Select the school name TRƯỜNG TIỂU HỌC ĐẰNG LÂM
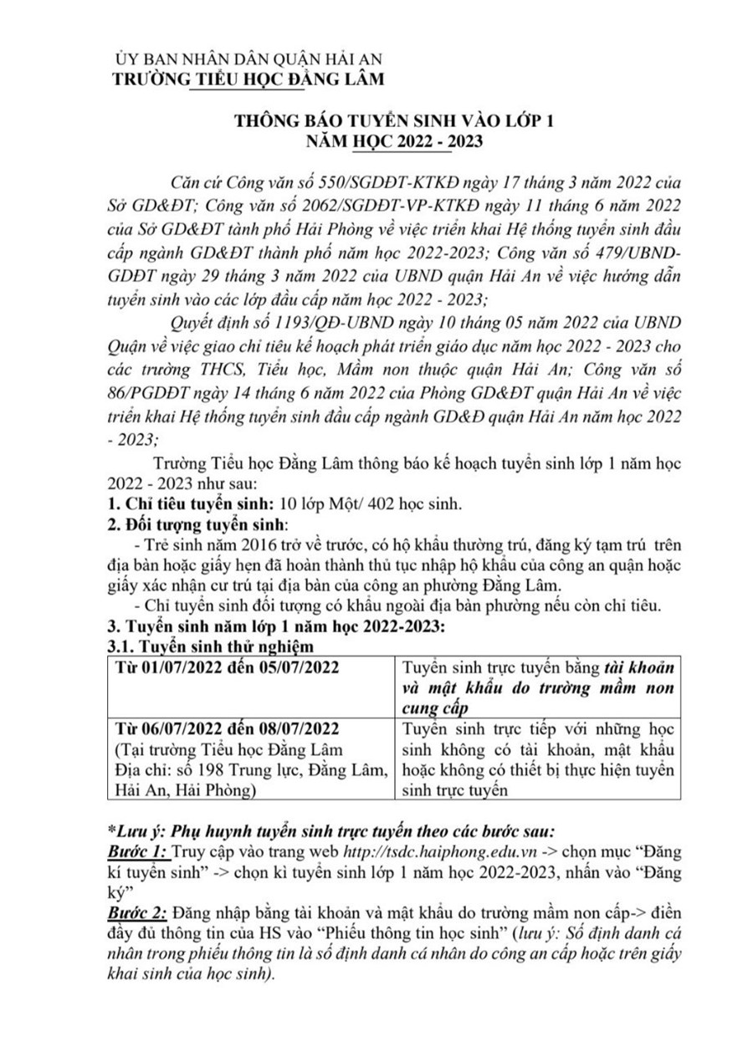click(249, 80)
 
